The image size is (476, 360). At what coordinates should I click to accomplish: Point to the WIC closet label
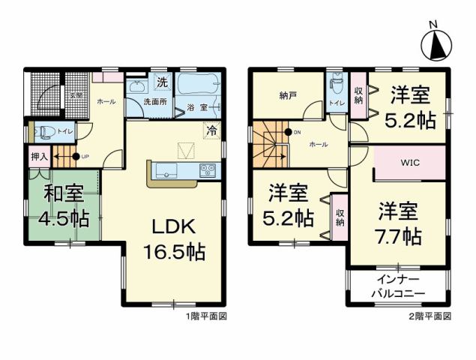pos(409,162)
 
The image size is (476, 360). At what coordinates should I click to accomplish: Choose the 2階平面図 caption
pos(431,316)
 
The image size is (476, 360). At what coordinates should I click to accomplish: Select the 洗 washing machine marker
pos(160,81)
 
